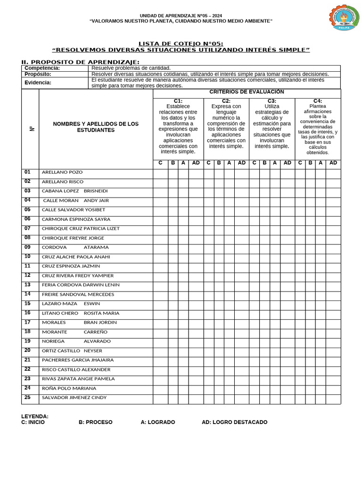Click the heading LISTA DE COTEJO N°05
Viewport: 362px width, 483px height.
(x=181, y=44)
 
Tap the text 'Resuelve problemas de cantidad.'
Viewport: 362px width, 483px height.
(x=131, y=68)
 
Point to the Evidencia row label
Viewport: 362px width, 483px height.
(x=38, y=83)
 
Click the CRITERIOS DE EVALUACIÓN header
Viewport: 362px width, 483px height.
(x=247, y=92)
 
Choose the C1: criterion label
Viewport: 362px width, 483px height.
(x=178, y=101)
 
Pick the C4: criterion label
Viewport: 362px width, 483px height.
(x=317, y=101)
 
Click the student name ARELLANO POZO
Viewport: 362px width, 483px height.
(x=62, y=172)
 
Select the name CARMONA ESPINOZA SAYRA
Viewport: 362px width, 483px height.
(x=76, y=219)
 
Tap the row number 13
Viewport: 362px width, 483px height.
(x=27, y=284)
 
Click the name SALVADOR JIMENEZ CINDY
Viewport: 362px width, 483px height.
(x=74, y=398)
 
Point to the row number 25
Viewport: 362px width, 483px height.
(x=27, y=397)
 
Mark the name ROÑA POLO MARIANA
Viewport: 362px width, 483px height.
(x=69, y=388)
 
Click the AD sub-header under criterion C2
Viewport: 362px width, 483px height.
(x=241, y=163)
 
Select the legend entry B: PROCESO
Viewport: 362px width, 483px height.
(x=95, y=422)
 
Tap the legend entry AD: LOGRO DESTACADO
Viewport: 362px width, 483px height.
(x=234, y=422)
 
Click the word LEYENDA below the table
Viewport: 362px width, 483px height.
(x=34, y=416)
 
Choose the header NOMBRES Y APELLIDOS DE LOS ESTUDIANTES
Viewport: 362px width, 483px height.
(x=96, y=127)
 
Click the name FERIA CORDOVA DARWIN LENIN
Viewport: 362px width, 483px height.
(x=81, y=285)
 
